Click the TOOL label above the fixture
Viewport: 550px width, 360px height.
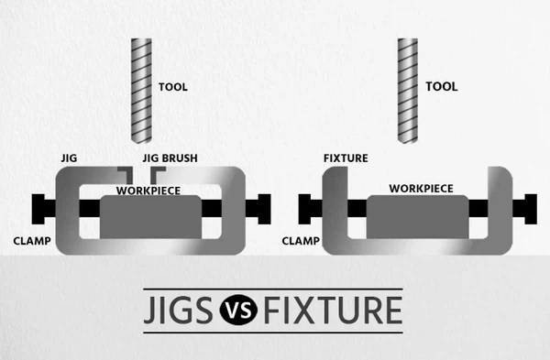(x=442, y=87)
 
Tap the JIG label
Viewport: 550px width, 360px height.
(x=70, y=158)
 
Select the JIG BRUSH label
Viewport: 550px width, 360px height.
(x=170, y=158)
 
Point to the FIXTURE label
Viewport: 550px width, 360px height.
(x=346, y=158)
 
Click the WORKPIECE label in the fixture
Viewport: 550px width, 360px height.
(x=421, y=188)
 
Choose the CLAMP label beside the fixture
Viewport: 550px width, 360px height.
(x=300, y=242)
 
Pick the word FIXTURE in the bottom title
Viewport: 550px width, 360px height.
(x=332, y=311)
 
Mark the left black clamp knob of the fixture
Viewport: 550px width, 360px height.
(x=306, y=208)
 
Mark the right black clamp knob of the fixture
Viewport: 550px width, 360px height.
(x=529, y=207)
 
